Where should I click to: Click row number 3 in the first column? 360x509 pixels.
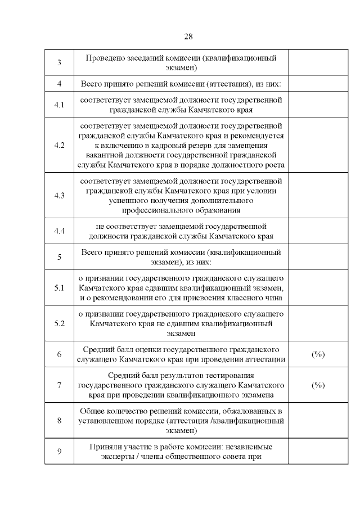click(x=59, y=62)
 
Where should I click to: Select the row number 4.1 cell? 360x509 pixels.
click(x=59, y=105)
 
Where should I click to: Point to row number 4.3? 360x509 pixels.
click(x=59, y=195)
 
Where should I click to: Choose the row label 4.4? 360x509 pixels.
click(x=59, y=231)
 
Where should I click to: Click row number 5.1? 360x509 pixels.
click(x=59, y=287)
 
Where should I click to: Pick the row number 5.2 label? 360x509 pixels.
click(x=59, y=323)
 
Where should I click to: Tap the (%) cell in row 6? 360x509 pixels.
click(x=318, y=354)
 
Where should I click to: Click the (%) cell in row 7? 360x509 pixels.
click(x=318, y=385)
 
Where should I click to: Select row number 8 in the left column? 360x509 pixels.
click(x=59, y=420)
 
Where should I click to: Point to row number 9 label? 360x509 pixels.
click(x=59, y=451)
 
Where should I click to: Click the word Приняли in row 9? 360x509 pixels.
click(x=105, y=447)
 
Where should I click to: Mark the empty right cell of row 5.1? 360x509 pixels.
click(x=318, y=287)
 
